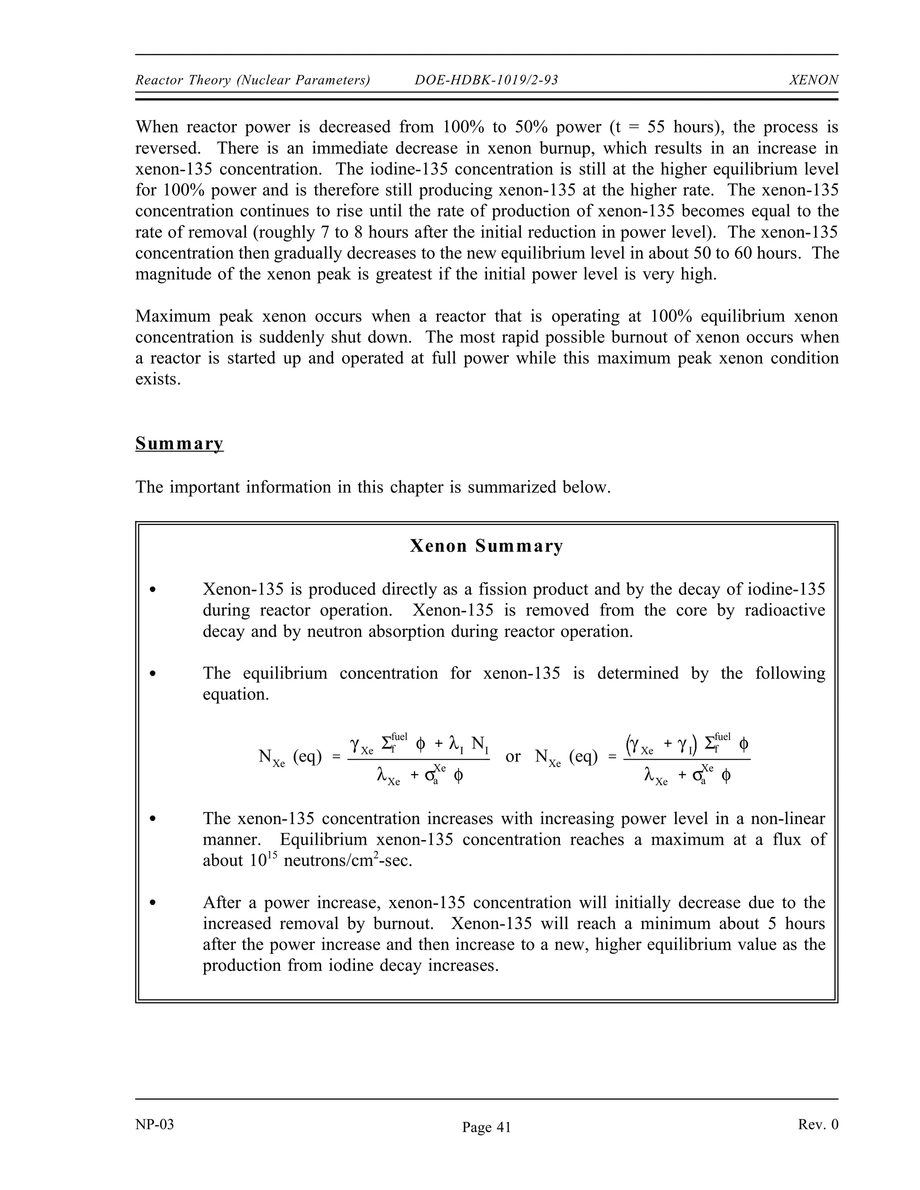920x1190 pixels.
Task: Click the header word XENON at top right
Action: coord(813,80)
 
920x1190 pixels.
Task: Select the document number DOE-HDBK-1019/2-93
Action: coord(486,80)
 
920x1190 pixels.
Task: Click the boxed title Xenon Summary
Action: coord(486,546)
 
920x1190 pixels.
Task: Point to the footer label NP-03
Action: coord(155,1124)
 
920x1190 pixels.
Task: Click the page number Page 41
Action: coord(486,1127)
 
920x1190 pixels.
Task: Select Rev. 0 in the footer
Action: coord(818,1124)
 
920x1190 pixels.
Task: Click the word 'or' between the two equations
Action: coord(513,756)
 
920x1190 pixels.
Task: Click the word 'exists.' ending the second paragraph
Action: coord(158,379)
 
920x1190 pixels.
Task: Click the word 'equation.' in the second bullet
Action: coord(235,695)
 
